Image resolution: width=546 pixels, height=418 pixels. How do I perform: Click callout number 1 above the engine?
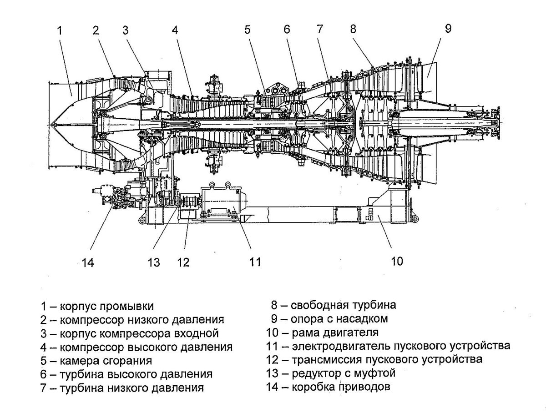[60, 31]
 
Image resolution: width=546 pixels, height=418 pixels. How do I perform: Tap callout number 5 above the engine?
[247, 30]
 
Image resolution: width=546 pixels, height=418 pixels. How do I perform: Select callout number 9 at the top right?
[448, 29]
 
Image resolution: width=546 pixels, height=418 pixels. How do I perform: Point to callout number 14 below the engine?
[87, 262]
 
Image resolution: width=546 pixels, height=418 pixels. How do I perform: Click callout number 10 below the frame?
[397, 261]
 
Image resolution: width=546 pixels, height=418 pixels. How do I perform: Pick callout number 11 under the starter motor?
[255, 262]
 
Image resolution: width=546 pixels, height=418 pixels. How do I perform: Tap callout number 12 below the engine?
[183, 262]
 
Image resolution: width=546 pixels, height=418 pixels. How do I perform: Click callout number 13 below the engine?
[154, 262]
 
